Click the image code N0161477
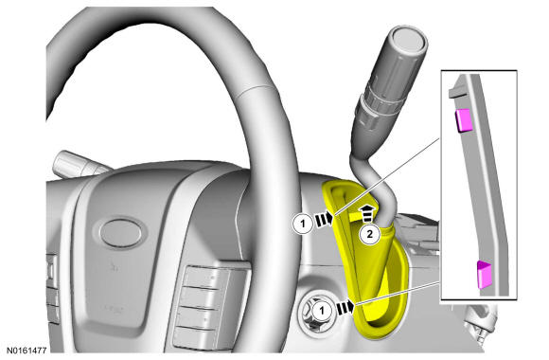coord(27,350)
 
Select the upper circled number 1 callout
coord(303,223)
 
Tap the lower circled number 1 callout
coord(322,311)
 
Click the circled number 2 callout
coord(370,234)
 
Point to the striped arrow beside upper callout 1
coord(324,219)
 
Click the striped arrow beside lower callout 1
coord(345,307)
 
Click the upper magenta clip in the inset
coord(463,120)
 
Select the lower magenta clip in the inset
coord(485,275)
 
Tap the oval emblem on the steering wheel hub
coord(121,233)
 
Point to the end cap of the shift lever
coord(409,39)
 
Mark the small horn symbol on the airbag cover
coord(113,267)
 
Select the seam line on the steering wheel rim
coord(255,89)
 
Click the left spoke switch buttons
coord(52,287)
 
